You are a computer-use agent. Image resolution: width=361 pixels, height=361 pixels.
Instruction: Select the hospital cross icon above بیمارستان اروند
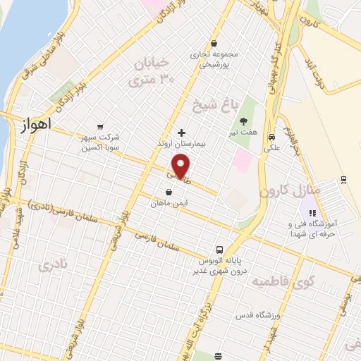(181, 132)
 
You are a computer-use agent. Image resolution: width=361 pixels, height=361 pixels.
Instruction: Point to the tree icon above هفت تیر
(244, 122)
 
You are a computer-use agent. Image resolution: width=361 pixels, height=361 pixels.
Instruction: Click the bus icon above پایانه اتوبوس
(220, 249)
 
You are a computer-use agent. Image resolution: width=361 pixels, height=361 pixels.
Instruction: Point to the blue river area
(18, 42)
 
